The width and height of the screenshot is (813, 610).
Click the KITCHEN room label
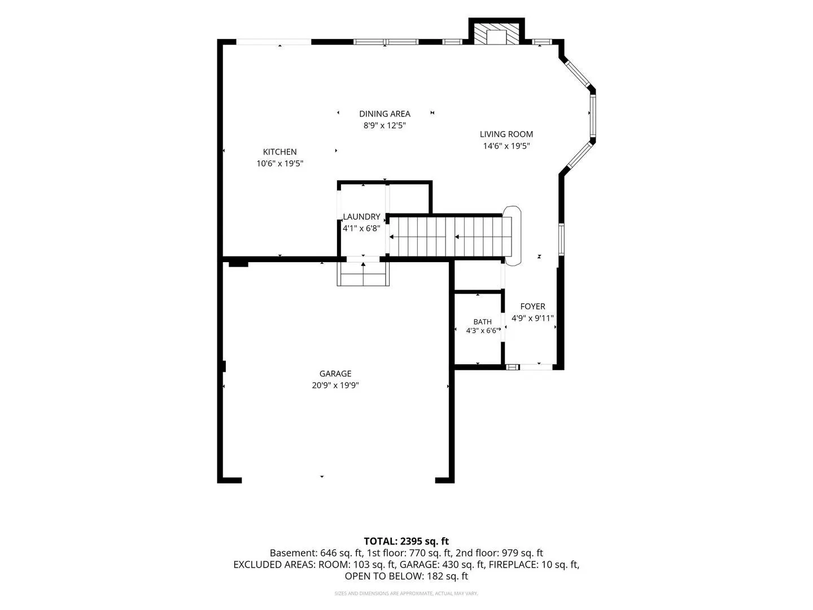(x=279, y=152)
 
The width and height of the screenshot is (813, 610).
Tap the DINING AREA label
(x=384, y=114)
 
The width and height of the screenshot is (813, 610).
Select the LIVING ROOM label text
(x=506, y=134)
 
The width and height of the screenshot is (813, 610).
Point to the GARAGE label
(x=335, y=374)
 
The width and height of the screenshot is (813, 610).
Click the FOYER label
(x=532, y=306)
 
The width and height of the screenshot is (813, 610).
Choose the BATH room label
(x=482, y=322)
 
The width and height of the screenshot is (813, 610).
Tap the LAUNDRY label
(x=361, y=217)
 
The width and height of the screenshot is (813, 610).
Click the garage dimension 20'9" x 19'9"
(x=335, y=385)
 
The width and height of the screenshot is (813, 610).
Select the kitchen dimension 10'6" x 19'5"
(x=279, y=163)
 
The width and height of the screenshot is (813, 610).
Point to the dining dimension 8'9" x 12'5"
(x=384, y=125)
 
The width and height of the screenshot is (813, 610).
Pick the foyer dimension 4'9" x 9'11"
(x=532, y=318)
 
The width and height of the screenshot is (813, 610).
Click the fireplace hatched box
(x=496, y=34)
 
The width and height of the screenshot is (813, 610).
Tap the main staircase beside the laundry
(x=449, y=237)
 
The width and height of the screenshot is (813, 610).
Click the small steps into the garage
(x=363, y=274)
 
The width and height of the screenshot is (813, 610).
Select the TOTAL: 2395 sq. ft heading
(x=406, y=542)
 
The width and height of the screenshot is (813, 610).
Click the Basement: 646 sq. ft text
(x=316, y=553)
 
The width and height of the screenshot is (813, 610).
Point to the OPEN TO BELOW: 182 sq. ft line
(x=406, y=576)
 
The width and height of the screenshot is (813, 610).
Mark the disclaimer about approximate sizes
(x=406, y=593)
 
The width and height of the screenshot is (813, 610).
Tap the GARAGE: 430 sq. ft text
(x=443, y=564)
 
